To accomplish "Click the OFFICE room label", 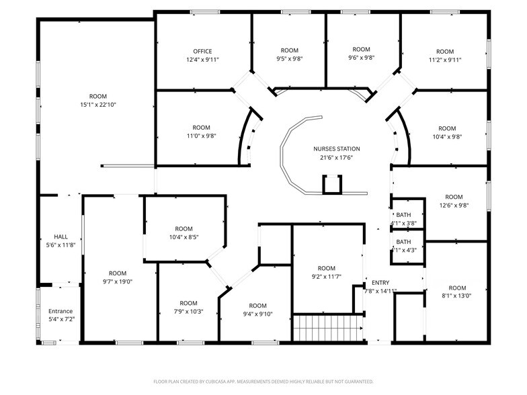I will click(202, 51).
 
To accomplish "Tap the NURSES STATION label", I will click(336, 148).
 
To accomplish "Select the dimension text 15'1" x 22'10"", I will click(98, 105).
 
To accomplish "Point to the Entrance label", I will click(60, 311).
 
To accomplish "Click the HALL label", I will click(61, 236).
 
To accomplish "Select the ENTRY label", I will click(380, 282).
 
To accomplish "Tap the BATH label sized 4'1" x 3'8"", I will click(403, 214).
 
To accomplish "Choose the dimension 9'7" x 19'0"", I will click(118, 281).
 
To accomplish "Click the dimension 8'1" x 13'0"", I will click(457, 296).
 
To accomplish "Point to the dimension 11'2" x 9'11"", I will click(445, 60).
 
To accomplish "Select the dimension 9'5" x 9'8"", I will click(289, 59).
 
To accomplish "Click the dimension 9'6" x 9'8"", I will click(362, 58).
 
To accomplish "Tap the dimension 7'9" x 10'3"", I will click(188, 311).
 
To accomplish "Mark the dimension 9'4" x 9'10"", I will click(257, 314).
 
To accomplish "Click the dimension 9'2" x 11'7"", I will click(326, 276).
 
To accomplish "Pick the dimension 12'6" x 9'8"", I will click(454, 206).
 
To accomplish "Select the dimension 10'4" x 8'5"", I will click(184, 237).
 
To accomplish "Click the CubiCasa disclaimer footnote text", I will click(263, 380).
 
